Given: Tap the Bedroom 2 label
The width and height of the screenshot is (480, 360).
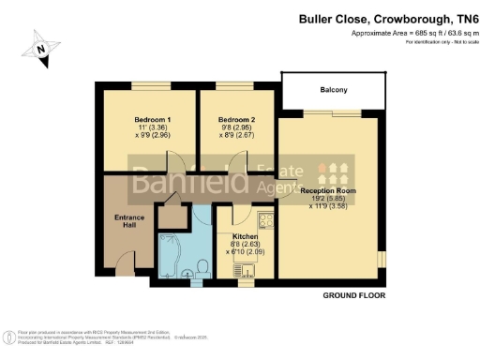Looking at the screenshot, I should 236,120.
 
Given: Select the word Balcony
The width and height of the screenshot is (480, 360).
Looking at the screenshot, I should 332,90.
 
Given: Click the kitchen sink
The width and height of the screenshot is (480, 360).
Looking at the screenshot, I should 250,271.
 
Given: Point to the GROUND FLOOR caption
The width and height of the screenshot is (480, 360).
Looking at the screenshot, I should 353,295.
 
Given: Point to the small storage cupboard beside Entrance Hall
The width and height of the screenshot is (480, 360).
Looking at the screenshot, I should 171,217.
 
